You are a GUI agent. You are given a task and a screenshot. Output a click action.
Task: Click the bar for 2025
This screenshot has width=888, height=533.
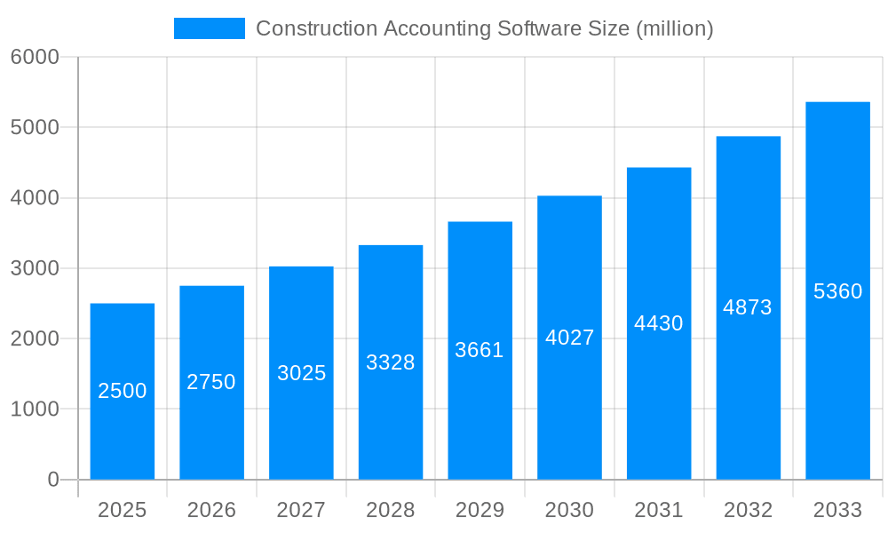click(x=123, y=392)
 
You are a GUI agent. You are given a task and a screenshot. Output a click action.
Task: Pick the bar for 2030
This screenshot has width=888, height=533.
click(x=569, y=338)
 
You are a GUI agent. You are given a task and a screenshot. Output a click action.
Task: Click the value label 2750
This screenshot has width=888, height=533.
click(x=211, y=382)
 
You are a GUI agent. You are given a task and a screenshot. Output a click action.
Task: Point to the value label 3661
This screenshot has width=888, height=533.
click(x=480, y=350)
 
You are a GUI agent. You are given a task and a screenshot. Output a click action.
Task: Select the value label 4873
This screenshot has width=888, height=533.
click(x=748, y=307)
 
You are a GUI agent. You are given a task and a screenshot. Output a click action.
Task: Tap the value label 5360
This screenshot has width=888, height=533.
click(x=837, y=291)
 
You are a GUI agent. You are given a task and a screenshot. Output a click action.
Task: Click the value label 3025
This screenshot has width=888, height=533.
click(x=301, y=373)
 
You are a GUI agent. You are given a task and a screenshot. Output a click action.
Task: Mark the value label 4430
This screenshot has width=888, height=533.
click(x=659, y=323)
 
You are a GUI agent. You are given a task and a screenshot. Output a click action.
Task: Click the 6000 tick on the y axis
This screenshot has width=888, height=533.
click(x=35, y=58)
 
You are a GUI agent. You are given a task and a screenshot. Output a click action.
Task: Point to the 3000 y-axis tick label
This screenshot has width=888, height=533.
click(x=35, y=268)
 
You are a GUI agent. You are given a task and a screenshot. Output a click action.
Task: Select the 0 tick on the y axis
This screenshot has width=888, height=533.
click(x=52, y=480)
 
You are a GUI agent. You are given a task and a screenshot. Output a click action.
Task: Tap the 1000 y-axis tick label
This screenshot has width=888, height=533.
click(x=35, y=410)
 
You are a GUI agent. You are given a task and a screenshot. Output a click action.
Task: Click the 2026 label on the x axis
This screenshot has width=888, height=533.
click(x=211, y=510)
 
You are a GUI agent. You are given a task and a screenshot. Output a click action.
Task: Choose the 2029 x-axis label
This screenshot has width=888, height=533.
click(x=480, y=510)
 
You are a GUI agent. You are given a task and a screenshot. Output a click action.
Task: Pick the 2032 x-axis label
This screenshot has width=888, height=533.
click(x=748, y=510)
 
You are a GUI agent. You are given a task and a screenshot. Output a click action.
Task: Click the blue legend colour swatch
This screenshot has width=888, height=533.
click(x=210, y=28)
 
